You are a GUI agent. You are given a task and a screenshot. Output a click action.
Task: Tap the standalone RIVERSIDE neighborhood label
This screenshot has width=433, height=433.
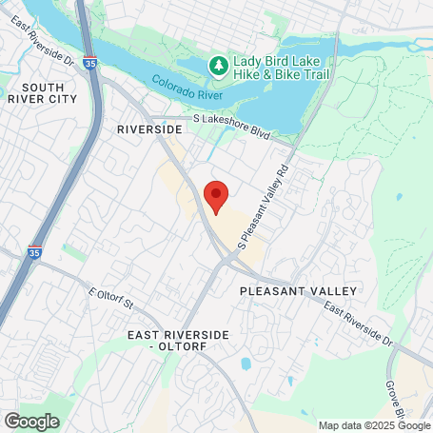(x=148, y=128)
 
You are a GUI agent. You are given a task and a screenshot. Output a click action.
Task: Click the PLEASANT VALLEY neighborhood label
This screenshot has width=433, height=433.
(x=298, y=290)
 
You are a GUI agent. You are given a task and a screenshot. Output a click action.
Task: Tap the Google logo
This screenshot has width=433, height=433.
(x=31, y=420)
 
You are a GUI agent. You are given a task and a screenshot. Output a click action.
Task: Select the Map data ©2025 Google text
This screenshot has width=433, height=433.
(x=373, y=425)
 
